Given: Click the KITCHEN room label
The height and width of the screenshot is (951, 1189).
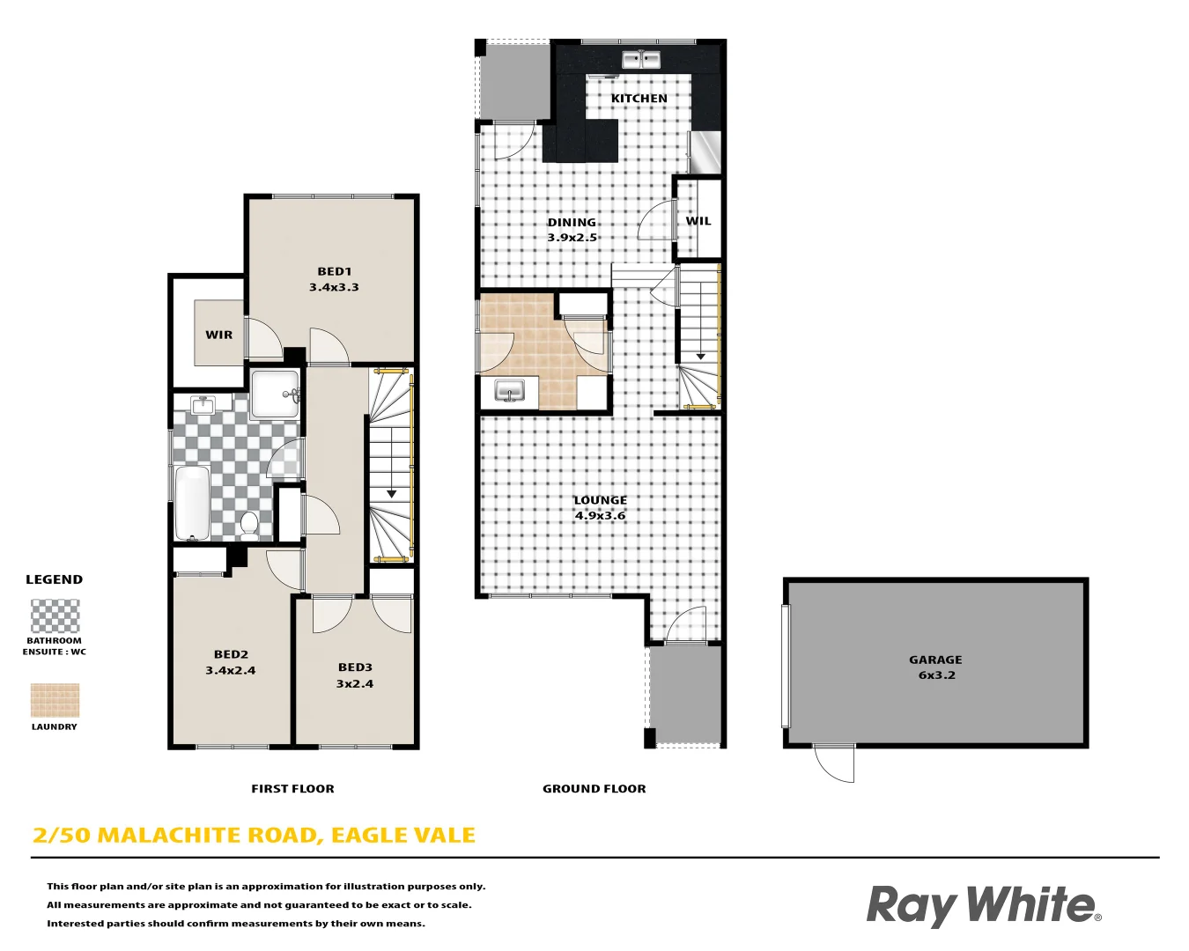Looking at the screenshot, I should coord(639,98).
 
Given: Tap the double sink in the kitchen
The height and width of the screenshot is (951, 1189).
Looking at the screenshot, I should coord(641,60).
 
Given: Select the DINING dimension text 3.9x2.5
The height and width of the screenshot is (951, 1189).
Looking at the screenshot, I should coord(572,238).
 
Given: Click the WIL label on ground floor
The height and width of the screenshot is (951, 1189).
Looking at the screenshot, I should coord(698,221).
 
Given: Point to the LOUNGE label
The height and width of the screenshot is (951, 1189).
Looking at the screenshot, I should coord(601,500).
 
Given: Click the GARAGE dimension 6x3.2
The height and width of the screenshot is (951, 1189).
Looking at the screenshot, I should coord(936,675).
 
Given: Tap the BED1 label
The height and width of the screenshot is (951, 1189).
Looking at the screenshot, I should coord(334,271).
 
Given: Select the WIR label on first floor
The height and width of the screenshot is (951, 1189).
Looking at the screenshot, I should coord(219,335).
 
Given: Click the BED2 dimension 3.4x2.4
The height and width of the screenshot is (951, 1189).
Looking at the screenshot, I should coord(231,670).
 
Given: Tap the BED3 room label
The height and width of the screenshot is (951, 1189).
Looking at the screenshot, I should coord(355,667).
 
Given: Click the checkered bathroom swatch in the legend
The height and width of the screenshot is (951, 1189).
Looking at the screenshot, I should coord(55,616).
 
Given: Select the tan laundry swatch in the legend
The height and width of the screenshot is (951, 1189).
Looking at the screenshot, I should coord(55,701).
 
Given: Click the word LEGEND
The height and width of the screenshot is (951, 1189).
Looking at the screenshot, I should coord(54,579).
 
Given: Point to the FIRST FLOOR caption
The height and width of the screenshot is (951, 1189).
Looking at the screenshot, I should coord(292,789).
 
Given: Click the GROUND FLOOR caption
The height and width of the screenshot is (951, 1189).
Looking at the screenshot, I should coord(594,789).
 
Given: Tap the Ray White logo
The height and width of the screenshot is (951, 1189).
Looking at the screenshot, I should coord(983,905).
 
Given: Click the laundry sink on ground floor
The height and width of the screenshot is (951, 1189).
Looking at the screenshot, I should coord(509,390).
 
